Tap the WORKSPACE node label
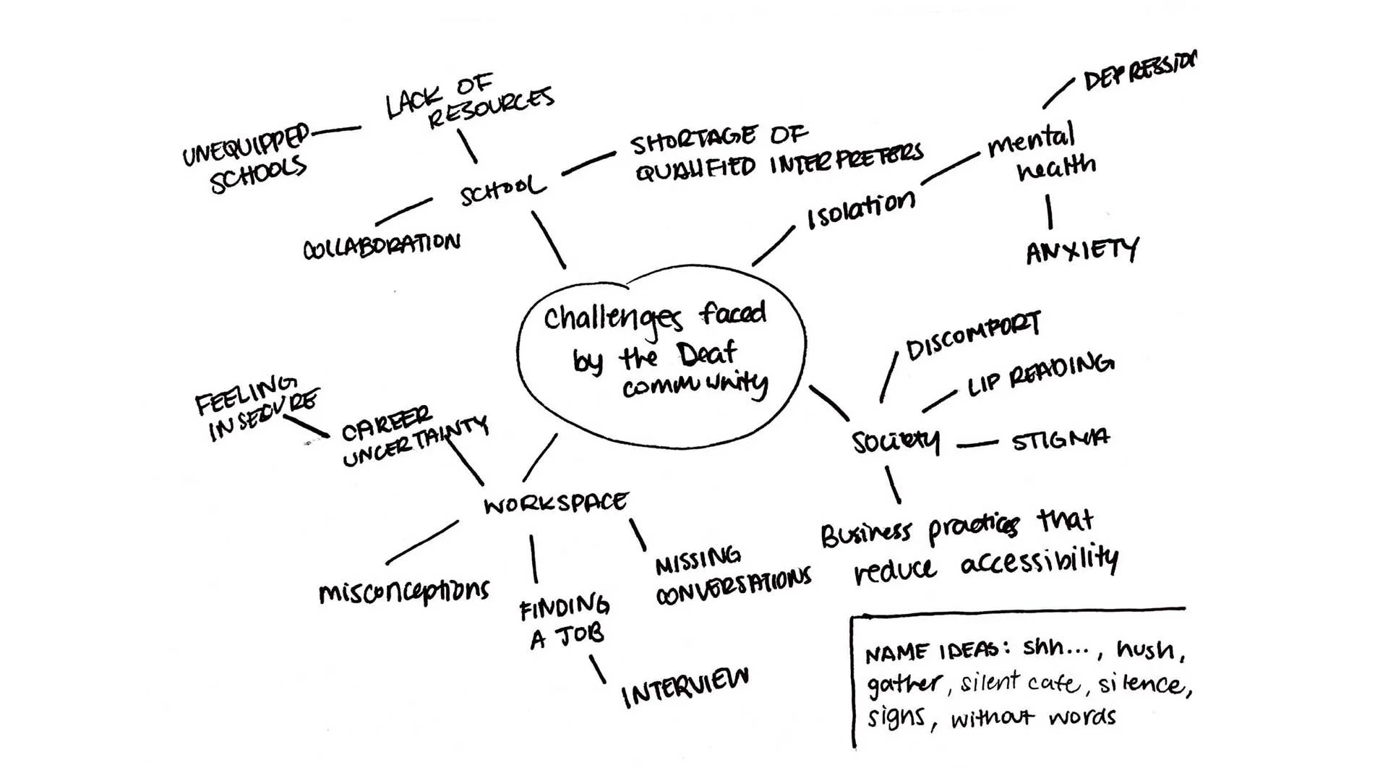(555, 503)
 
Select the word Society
(896, 441)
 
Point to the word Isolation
(861, 210)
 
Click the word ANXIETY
(1081, 251)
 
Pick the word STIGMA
(1060, 440)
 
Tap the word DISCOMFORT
(973, 337)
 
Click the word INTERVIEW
(685, 686)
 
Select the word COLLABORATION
(381, 246)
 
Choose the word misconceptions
(403, 592)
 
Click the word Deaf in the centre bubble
(706, 354)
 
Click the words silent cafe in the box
(1021, 683)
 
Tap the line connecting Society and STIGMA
(977, 444)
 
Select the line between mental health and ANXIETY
(1049, 212)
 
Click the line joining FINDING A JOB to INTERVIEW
(597, 670)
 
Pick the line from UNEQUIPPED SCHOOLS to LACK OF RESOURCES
(336, 131)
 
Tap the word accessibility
(1040, 561)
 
